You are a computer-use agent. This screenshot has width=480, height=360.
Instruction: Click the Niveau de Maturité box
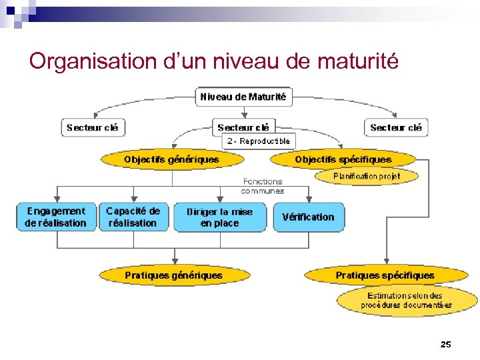pyautogui.click(x=243, y=97)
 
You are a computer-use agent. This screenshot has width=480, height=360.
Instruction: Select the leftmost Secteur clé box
pyautogui.click(x=93, y=127)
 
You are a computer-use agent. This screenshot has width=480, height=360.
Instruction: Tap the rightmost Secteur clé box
pyautogui.click(x=396, y=127)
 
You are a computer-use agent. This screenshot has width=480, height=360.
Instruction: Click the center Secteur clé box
pyautogui.click(x=243, y=127)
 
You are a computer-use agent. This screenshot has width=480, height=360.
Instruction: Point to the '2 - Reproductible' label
pyautogui.click(x=258, y=141)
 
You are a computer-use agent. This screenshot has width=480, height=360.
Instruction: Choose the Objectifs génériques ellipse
pyautogui.click(x=171, y=159)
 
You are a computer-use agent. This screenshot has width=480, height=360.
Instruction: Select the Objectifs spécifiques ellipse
pyautogui.click(x=343, y=159)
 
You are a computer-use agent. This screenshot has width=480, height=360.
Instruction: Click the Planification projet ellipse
pyautogui.click(x=366, y=176)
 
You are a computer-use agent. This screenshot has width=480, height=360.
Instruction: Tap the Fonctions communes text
pyautogui.click(x=263, y=186)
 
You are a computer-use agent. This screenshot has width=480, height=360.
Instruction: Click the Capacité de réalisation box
pyautogui.click(x=133, y=217)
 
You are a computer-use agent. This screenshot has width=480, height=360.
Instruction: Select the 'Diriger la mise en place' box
pyautogui.click(x=219, y=217)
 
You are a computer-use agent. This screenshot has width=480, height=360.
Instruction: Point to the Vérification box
pyautogui.click(x=308, y=217)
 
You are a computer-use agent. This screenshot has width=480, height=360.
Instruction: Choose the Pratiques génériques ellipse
pyautogui.click(x=173, y=275)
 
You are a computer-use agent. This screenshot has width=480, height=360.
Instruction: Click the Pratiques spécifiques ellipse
pyautogui.click(x=385, y=275)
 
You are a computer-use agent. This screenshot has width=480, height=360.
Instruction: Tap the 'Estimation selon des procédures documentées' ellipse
pyautogui.click(x=406, y=301)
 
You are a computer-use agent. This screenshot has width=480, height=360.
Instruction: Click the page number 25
pyautogui.click(x=446, y=344)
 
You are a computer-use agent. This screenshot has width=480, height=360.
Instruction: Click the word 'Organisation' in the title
pyautogui.click(x=93, y=61)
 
